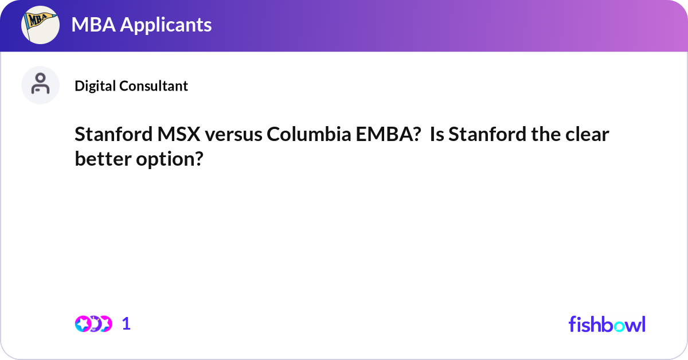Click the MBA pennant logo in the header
tap(40, 25)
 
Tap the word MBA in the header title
tap(91, 25)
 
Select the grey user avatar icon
tap(40, 85)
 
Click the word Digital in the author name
tap(95, 86)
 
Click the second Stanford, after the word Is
tap(483, 135)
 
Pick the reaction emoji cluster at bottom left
tap(93, 324)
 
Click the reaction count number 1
tap(126, 324)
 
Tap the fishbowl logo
tap(607, 324)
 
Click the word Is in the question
tap(437, 135)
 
